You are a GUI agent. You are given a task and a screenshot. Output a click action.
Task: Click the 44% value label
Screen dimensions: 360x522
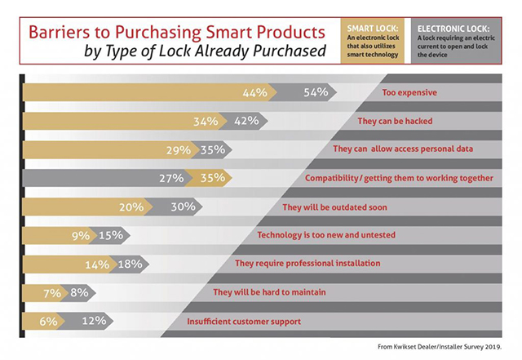coord(255,93)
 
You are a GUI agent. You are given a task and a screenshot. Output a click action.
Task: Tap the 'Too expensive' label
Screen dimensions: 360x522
coord(409,93)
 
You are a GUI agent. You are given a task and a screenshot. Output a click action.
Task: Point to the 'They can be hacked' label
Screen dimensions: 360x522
coord(393,122)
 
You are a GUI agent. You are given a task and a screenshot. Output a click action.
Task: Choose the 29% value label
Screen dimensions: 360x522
coord(175,150)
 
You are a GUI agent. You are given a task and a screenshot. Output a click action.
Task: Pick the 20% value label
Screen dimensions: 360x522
coord(132,207)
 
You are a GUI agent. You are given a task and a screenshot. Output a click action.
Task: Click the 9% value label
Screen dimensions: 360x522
coord(79,236)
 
